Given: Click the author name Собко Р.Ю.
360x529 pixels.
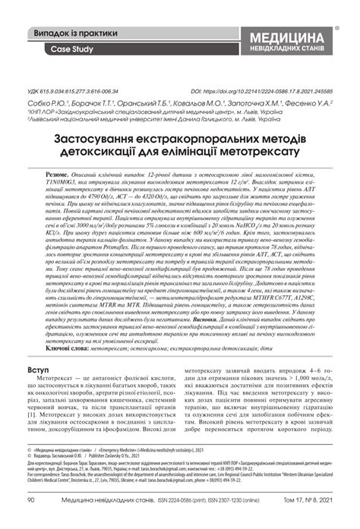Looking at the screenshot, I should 39,101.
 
